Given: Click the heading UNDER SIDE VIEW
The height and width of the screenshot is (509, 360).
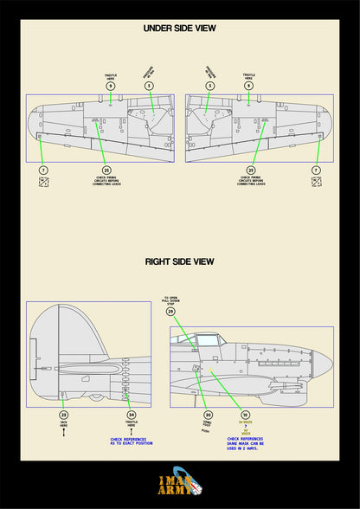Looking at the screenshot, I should pos(179,29).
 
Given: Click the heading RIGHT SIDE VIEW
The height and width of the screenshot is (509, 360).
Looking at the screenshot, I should pos(179,261).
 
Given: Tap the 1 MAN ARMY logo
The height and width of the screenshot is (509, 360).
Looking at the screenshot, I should pos(179,484).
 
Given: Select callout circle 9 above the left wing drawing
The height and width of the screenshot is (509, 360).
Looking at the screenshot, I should pos(110,86).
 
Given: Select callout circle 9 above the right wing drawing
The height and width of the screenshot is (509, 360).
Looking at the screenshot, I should pos(249,86).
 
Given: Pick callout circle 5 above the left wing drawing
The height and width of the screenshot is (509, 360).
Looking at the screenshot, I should pos(149,86).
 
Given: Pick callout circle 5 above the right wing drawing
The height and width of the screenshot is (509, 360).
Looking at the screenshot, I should pos(210,86).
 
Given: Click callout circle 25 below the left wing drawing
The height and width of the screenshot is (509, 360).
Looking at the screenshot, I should pos(106,171).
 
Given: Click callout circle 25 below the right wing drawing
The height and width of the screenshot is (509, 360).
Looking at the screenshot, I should pos(251,171).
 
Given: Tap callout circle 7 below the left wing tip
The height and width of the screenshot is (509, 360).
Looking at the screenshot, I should pos(43,171).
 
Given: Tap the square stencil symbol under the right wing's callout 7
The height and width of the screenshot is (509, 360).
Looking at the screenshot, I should pos(316,183).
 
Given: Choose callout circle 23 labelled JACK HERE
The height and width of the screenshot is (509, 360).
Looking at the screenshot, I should pos(63,415).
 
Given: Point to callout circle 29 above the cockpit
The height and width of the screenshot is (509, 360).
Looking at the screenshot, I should pos(170,311).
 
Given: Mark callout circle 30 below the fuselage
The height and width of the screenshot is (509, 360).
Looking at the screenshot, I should pos(208,415).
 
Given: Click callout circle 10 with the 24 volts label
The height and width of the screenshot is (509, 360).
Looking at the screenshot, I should pos(245,415).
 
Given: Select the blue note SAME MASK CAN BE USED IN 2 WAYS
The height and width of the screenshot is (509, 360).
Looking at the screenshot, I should pos(245,446).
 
